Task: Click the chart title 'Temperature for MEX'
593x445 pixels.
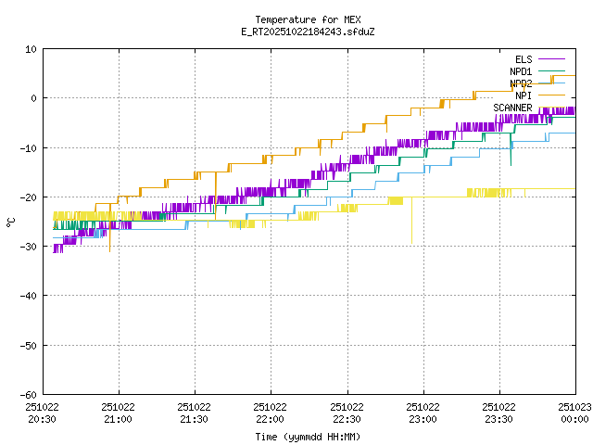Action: coord(309,19)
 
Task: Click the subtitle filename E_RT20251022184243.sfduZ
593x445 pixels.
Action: coord(309,32)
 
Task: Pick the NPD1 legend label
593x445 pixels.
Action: coord(521,71)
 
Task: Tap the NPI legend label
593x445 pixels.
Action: coord(524,95)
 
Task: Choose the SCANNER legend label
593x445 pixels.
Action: coord(512,108)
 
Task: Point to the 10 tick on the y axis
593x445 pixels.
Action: coord(31,49)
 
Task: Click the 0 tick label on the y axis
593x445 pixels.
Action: coord(33,98)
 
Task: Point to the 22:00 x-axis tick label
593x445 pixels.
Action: coord(271,419)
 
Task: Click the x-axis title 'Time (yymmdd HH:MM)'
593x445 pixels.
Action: coord(309,436)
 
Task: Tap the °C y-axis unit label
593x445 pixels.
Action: coord(11,222)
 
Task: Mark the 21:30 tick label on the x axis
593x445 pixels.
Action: coord(195,419)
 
